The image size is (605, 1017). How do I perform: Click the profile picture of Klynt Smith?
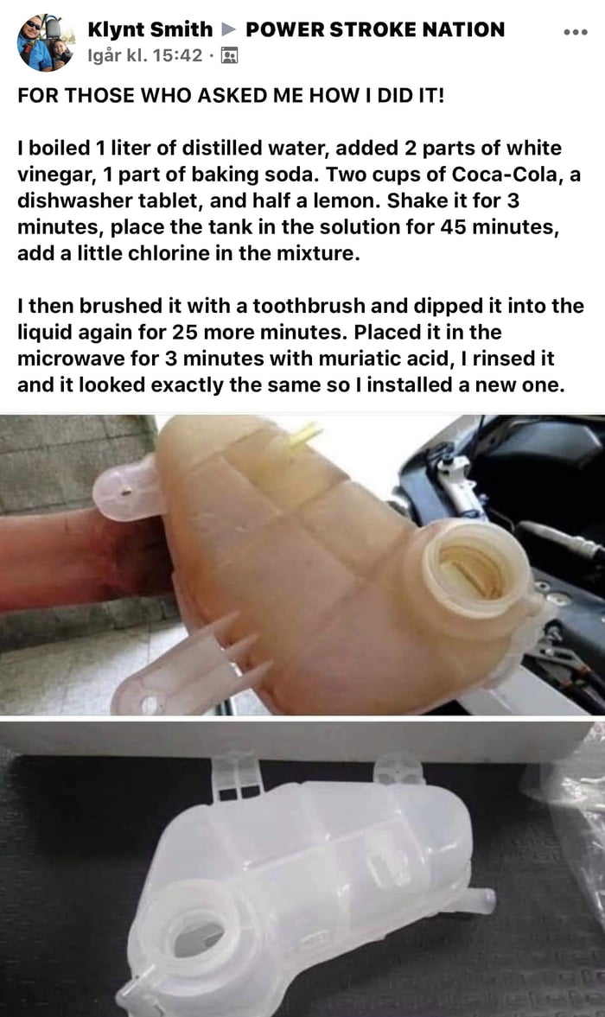pos(42,41)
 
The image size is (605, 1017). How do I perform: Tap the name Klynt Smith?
pos(150,29)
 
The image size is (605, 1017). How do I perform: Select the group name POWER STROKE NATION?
pos(375,29)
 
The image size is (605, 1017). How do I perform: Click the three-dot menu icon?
pos(574,32)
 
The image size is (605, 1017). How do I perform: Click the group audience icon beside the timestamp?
pos(230,57)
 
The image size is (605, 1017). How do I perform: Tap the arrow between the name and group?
pos(229,30)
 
